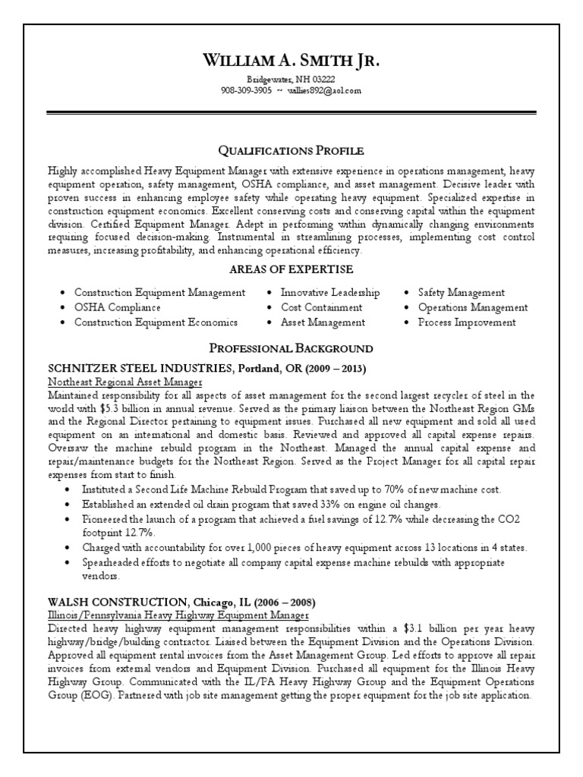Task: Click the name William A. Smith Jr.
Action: pos(291,61)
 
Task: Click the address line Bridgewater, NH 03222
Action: pos(291,80)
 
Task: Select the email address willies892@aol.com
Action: pos(325,90)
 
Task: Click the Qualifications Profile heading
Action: pos(291,150)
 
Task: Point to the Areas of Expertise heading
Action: pos(291,269)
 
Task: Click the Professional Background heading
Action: pos(291,348)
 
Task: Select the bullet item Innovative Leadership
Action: pos(330,292)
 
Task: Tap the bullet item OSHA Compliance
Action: pos(117,307)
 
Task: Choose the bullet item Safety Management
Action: pos(461,292)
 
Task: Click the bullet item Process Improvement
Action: pos(467,322)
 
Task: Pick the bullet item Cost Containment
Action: pos(321,307)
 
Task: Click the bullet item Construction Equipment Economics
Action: pos(156,322)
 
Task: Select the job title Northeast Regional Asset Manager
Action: pos(125,382)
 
